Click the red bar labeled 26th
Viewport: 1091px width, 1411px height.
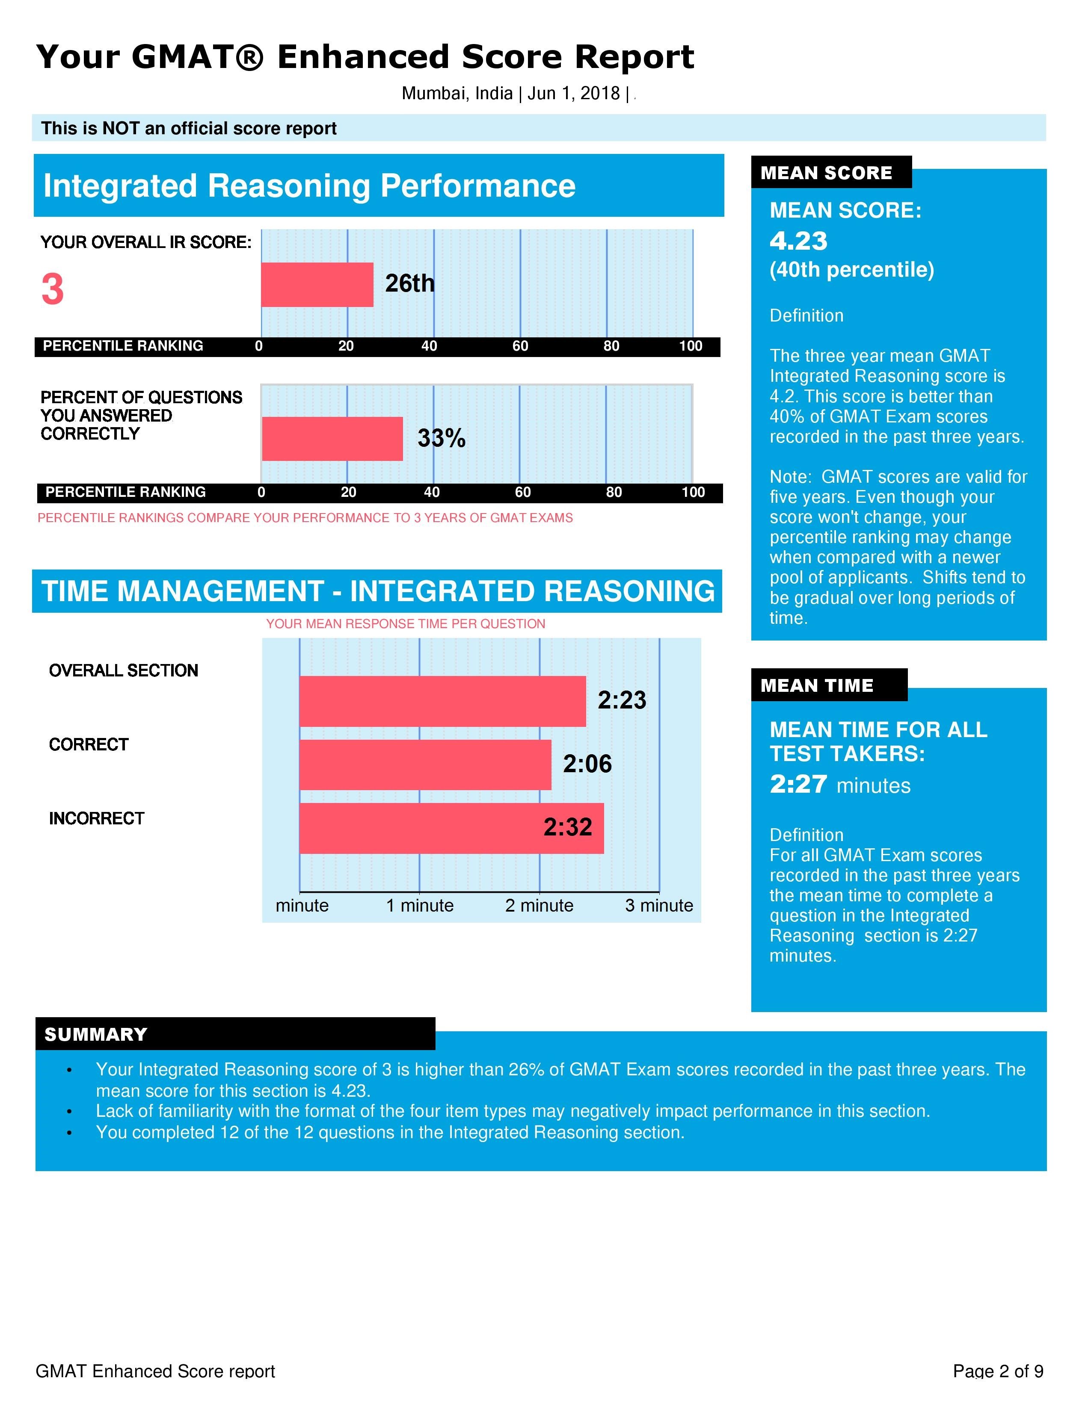tap(317, 284)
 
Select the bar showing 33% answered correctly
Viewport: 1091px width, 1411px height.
tap(332, 439)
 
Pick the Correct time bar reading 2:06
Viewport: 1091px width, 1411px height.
tap(425, 765)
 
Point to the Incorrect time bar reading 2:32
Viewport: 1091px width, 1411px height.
tap(451, 828)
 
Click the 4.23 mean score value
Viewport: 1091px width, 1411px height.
tap(798, 241)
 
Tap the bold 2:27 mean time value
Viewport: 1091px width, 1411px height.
tap(798, 784)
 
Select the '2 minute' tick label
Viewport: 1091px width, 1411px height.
tap(539, 905)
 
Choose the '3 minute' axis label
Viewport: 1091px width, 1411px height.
tap(658, 905)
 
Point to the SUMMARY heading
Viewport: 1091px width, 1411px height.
tap(96, 1034)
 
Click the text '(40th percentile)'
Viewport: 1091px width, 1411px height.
tap(851, 269)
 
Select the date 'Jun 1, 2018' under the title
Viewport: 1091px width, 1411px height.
tap(573, 94)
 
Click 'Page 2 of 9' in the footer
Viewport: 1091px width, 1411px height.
tap(997, 1371)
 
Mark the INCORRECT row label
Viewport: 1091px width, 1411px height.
tap(96, 818)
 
